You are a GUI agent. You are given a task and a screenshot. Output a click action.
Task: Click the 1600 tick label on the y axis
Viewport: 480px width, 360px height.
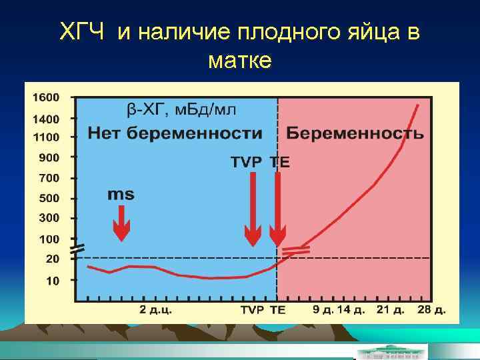[x=46, y=97]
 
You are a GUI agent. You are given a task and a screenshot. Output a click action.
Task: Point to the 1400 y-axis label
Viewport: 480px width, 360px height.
[x=46, y=119]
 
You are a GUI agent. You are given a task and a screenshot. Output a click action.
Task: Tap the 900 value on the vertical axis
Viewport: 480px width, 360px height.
[x=49, y=157]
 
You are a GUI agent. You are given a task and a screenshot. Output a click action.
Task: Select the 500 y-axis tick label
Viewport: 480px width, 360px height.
[x=49, y=198]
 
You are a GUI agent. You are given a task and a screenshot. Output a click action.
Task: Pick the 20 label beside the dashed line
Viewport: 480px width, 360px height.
[x=52, y=258]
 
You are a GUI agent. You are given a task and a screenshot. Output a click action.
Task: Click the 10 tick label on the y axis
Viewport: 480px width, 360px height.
[x=52, y=281]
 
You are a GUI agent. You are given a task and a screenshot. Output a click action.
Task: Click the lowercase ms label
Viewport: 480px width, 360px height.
[x=121, y=195]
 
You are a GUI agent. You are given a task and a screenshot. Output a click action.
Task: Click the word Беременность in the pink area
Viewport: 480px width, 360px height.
[x=355, y=133]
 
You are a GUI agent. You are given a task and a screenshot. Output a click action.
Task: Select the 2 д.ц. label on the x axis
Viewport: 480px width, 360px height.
[x=155, y=310]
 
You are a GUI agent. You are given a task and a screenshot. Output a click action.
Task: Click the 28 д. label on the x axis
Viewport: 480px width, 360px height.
[x=431, y=310]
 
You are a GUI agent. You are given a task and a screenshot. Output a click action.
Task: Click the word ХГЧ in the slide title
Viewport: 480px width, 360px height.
[x=83, y=31]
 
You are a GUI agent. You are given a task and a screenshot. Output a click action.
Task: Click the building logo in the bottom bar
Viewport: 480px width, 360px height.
[x=391, y=352]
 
